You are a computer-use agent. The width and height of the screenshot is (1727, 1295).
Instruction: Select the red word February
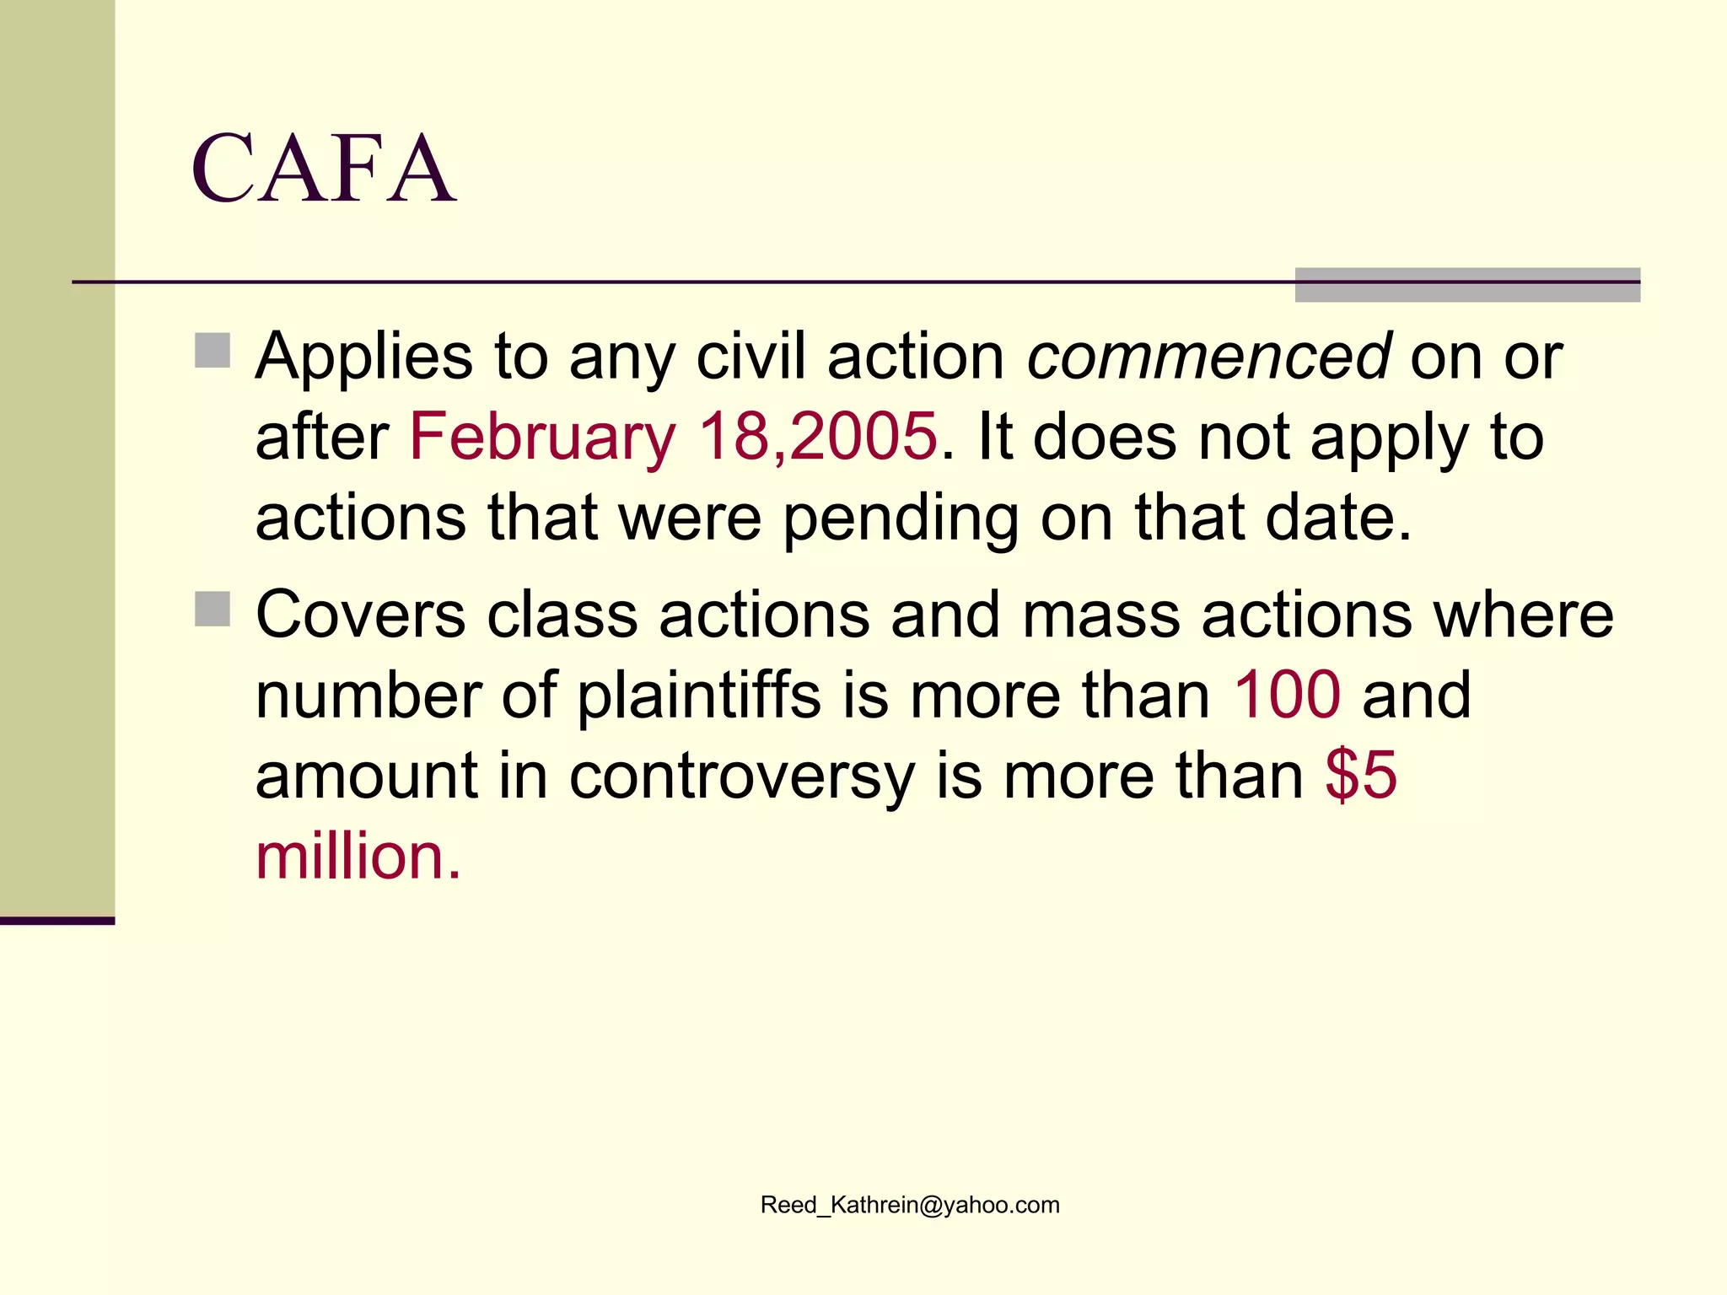click(542, 437)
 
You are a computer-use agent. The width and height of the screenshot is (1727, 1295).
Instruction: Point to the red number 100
click(1287, 695)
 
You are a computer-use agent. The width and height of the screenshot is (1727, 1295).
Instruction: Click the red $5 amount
click(1361, 775)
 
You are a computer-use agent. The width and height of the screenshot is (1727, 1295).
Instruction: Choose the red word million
click(358, 856)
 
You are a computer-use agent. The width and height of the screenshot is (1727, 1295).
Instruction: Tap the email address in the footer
click(910, 1205)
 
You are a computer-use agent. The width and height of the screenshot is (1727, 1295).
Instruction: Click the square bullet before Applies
click(213, 351)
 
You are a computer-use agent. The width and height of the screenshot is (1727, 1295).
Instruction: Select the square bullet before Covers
click(213, 609)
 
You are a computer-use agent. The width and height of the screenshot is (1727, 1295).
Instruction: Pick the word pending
click(901, 519)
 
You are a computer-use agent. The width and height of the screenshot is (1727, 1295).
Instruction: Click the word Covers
click(361, 615)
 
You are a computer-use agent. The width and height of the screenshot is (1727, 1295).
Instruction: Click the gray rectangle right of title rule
click(1467, 285)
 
